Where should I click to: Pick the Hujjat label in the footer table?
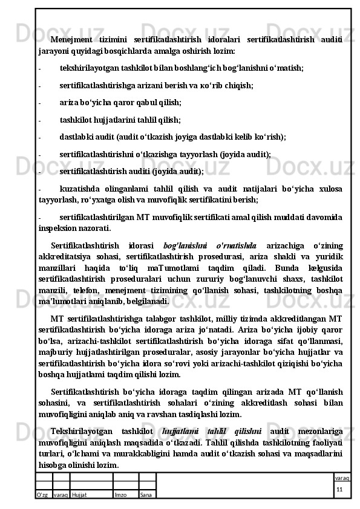pos(80,494)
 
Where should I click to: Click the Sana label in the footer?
pos(146,494)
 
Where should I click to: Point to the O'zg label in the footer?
pos(42,494)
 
